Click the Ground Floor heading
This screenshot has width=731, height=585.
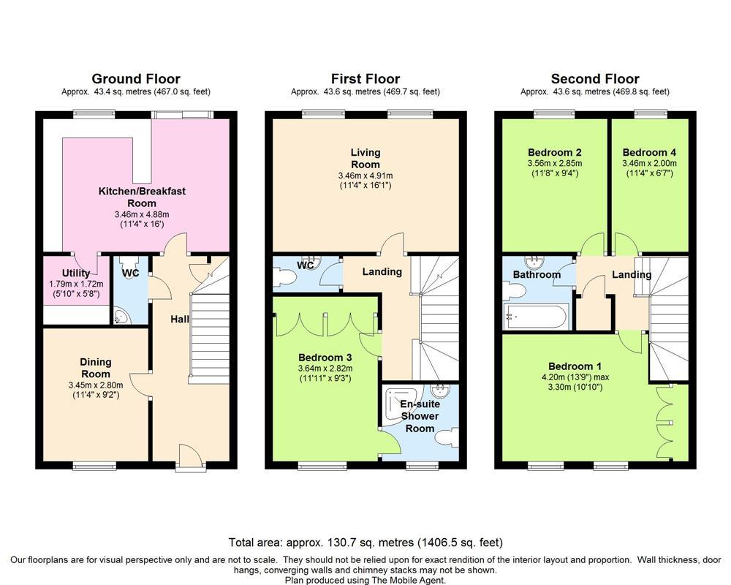coord(136,79)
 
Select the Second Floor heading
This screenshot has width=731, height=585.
coord(595,79)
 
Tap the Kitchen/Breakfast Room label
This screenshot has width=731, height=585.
coord(142,197)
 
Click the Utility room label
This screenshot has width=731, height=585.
coord(76,273)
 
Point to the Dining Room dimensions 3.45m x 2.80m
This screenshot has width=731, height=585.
coord(96,385)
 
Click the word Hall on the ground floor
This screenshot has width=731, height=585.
coord(180,319)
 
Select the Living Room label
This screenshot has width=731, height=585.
coord(365,158)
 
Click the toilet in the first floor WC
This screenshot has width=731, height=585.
coord(284,276)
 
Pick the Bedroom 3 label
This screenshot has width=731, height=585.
coord(325,358)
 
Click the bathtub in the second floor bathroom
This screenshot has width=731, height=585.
coord(536,317)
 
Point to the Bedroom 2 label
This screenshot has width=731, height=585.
coord(554,153)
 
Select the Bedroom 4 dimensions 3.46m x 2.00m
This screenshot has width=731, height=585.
coord(649,164)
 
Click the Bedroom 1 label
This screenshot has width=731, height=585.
coord(575,366)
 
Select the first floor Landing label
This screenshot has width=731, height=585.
coord(382,271)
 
